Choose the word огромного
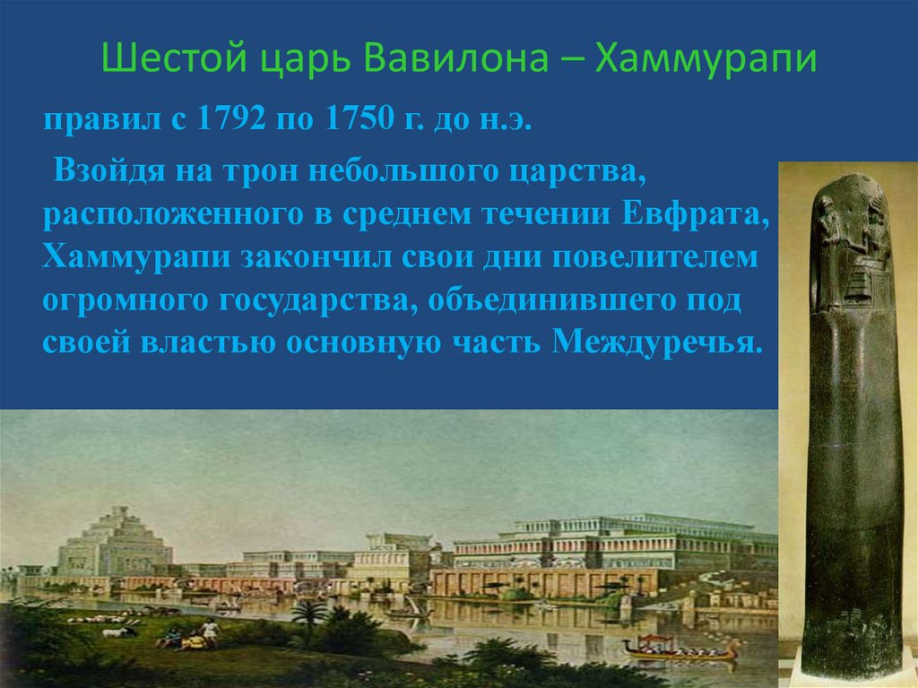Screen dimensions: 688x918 coord(121,300)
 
